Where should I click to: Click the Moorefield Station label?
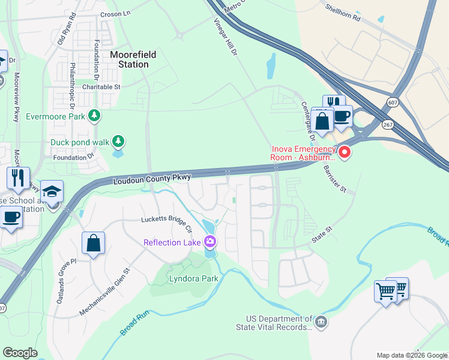pos(133,59)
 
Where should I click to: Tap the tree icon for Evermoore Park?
pos(94,115)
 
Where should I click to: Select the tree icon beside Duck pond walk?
pos(119,142)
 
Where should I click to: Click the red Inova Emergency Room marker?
pos(345,152)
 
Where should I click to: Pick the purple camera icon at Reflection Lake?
pos(210,242)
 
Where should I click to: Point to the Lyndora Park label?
pos(193,278)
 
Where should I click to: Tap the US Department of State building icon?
pos(321,323)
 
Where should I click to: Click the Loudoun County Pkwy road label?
pos(152,179)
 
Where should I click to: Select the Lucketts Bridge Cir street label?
pos(166,224)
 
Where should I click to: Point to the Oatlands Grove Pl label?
pos(65,281)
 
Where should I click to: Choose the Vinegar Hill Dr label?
pos(228,37)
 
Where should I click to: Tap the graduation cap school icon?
pos(52,191)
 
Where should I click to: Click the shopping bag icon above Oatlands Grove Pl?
pos(94,243)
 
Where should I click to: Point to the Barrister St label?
pos(334,179)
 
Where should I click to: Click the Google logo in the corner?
pos(20,353)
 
